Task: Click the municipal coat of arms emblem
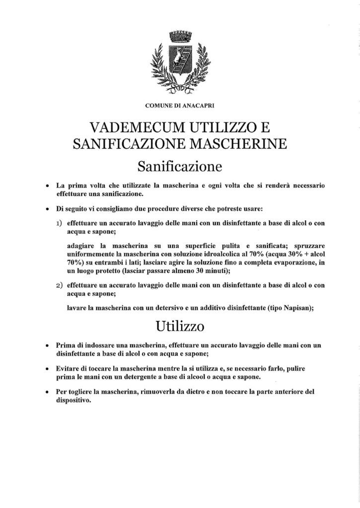coord(179,62)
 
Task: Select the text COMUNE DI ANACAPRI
coord(180,106)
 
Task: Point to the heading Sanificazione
coord(179,165)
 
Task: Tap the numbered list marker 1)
coord(59,223)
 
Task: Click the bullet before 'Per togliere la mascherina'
coord(46,392)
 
